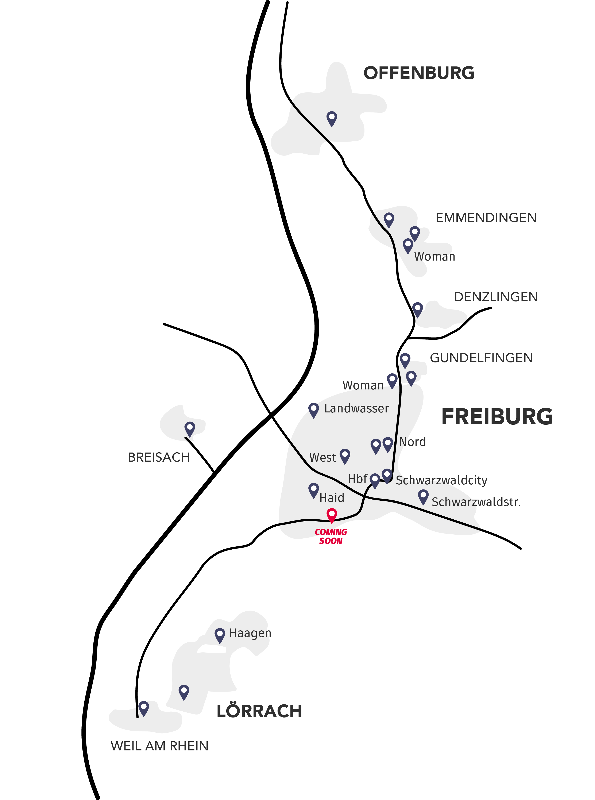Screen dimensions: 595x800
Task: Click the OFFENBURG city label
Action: coord(419,73)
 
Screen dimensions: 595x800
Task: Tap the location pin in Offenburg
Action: coord(332,119)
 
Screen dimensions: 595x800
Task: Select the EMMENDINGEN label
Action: coord(486,218)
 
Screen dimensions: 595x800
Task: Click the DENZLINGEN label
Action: coord(496,297)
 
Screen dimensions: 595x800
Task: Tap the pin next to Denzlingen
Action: coord(417,309)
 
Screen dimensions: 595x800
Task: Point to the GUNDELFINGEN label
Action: coord(481,358)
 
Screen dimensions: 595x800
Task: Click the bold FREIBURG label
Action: coord(497,417)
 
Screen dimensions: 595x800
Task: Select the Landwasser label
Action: coord(356,408)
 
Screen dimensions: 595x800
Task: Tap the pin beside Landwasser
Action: coord(314,410)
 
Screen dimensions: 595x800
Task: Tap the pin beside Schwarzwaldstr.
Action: coord(423,497)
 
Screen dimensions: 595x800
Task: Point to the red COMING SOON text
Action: coord(331,536)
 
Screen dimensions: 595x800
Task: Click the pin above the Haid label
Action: coord(314,491)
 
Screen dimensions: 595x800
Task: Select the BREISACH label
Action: coord(159,457)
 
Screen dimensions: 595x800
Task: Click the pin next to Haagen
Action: coord(220,636)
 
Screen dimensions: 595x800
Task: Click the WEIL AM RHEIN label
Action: coord(159,746)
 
